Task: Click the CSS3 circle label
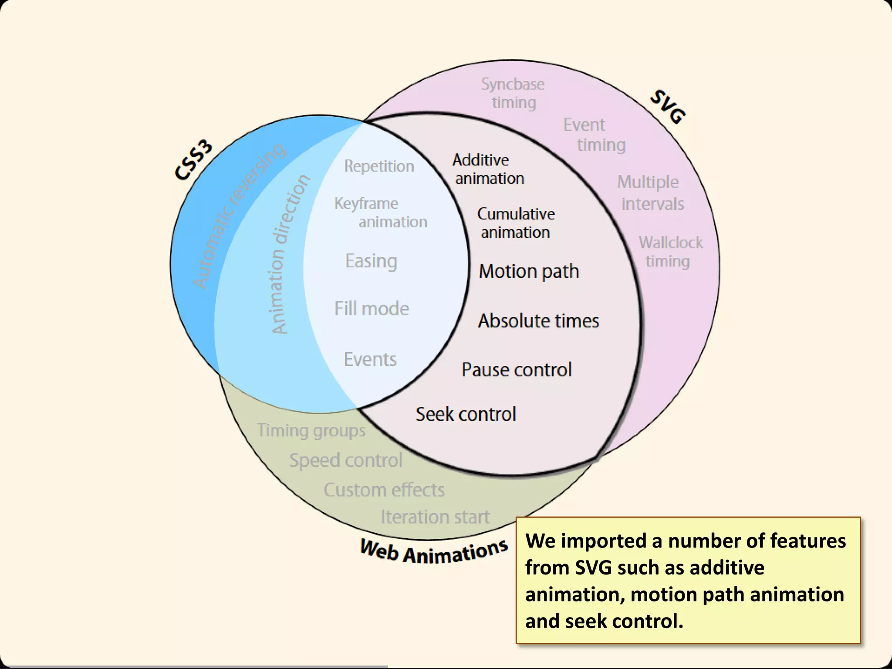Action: point(194,160)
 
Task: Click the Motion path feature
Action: point(529,271)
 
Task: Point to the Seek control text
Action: point(466,414)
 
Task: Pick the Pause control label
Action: point(516,370)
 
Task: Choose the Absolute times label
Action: point(538,321)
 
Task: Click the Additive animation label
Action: point(488,169)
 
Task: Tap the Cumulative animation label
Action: point(516,223)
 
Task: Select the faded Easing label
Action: point(371,261)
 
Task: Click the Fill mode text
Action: point(372,309)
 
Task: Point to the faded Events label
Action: point(370,360)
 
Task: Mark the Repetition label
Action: point(379,166)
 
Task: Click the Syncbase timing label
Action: point(513,93)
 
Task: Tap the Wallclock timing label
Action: point(670,252)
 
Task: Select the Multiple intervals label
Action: point(650,193)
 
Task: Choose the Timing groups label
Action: point(311,430)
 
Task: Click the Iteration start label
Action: point(435,517)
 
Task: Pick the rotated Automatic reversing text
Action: point(239,216)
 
